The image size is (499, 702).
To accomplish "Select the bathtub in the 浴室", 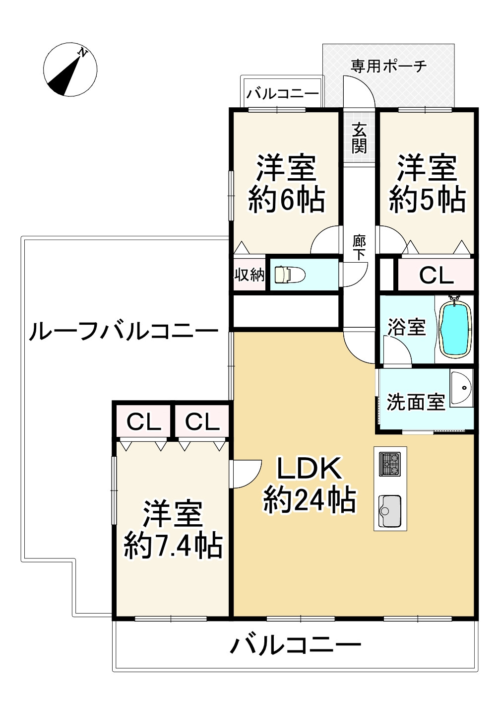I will [454, 328].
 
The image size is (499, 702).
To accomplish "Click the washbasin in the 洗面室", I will [461, 389].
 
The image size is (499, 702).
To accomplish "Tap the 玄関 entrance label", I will [359, 138].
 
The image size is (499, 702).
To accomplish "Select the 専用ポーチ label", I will [388, 66].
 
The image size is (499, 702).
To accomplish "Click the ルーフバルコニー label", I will [124, 331].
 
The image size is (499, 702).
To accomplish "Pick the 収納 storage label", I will [249, 274].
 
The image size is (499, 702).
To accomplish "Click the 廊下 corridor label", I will [359, 248].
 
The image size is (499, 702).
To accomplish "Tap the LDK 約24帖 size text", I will [310, 499].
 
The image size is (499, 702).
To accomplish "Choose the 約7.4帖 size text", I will [173, 546].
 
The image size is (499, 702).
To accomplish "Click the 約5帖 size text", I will [427, 200].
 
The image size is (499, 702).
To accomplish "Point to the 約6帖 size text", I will [286, 200].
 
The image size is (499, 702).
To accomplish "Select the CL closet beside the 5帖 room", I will [436, 275].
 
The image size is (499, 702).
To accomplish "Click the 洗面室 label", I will [416, 402].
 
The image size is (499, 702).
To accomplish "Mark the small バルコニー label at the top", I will [283, 93].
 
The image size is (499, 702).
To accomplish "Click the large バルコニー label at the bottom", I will [296, 645].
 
